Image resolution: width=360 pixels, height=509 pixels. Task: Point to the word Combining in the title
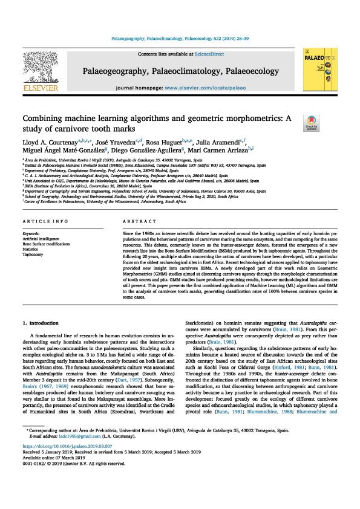coord(45,119)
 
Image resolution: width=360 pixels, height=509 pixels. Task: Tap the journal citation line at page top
coord(180,38)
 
